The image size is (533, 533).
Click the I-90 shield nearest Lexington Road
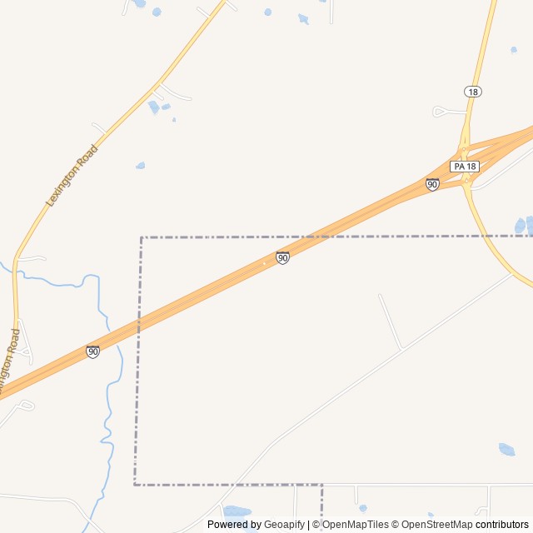tap(92, 352)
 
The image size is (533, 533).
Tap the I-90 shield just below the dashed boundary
tap(283, 258)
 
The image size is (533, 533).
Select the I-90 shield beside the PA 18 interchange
tap(432, 184)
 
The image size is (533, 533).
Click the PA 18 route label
tap(465, 167)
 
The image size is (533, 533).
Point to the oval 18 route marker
tap(473, 92)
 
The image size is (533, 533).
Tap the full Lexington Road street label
tap(72, 176)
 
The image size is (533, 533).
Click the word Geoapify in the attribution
tap(284, 525)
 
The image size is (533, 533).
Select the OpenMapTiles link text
tap(355, 525)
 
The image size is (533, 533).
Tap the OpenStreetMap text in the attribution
tap(436, 525)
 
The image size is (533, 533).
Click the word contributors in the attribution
tap(502, 525)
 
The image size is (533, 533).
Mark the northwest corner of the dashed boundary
tap(142, 237)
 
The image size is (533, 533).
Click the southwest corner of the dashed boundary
tap(135, 484)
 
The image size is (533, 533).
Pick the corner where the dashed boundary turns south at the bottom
tap(321, 484)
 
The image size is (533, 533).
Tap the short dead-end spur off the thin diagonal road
tap(390, 321)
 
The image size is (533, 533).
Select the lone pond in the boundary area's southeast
tap(506, 450)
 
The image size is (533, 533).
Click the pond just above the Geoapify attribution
tap(237, 511)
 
